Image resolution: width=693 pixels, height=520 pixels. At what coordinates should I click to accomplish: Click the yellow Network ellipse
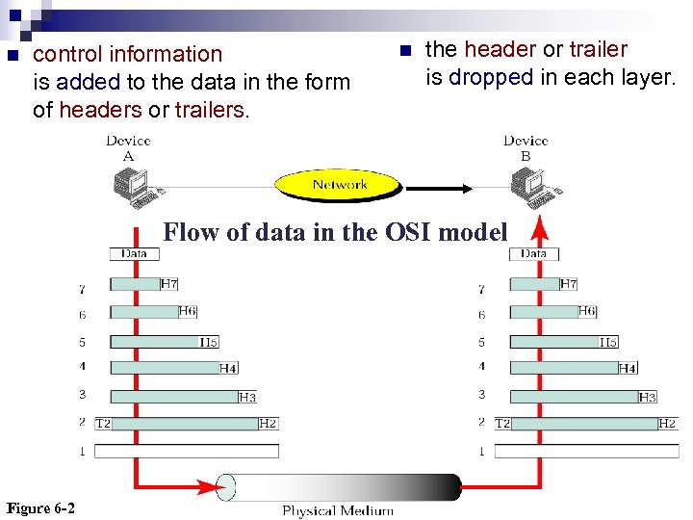tap(339, 184)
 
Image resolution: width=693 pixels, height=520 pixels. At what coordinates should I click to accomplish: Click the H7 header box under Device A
tap(168, 284)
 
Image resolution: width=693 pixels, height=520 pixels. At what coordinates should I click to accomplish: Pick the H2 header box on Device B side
tap(666, 423)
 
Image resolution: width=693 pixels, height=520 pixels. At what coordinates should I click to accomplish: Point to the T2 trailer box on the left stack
tap(103, 423)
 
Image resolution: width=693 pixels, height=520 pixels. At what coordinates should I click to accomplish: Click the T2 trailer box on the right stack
tap(502, 423)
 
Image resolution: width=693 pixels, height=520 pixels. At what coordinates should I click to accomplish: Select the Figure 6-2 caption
tap(40, 508)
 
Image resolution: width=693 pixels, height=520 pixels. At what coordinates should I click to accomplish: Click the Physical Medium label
tap(337, 510)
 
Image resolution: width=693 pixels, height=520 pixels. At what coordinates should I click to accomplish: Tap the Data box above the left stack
tap(134, 254)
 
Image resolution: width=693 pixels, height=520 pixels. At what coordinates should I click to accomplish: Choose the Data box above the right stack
tap(533, 254)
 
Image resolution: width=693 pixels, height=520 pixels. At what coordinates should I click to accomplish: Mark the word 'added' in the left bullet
tap(88, 83)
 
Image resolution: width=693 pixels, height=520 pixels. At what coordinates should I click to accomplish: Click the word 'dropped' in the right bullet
tap(490, 77)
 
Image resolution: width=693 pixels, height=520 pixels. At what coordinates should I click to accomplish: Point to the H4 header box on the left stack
tap(228, 368)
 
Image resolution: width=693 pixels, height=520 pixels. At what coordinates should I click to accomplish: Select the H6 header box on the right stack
tap(587, 311)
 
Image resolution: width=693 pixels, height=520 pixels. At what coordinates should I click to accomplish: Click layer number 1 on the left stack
tap(83, 451)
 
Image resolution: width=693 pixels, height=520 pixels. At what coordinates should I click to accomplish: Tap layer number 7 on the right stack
tap(482, 288)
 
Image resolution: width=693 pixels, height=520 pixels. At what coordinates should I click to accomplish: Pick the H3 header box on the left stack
tap(246, 397)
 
